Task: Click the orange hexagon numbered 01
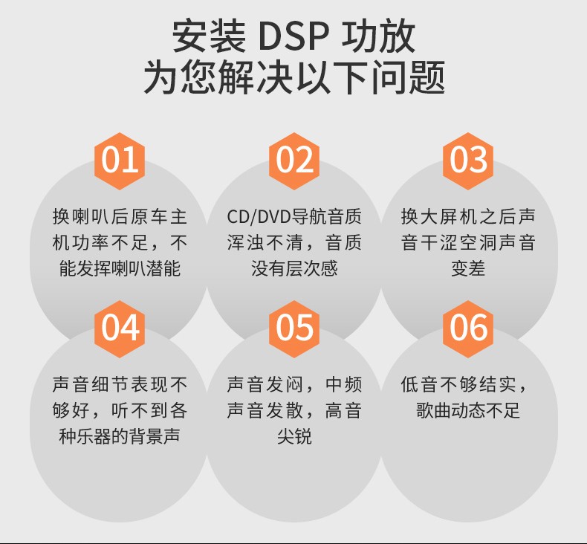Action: (x=120, y=160)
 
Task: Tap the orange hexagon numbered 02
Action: (x=294, y=160)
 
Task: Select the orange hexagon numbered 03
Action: (x=468, y=160)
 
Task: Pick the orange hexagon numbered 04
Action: (x=120, y=328)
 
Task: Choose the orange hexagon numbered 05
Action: (x=294, y=328)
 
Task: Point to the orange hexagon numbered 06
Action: (x=468, y=328)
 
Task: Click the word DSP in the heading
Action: (x=293, y=36)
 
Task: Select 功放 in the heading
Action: (x=379, y=36)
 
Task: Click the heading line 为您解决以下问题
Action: (x=293, y=77)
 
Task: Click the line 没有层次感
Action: (x=294, y=268)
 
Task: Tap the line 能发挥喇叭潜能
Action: (x=120, y=268)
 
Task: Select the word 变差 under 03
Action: (x=468, y=268)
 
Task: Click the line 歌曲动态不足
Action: (x=468, y=410)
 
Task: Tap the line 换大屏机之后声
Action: (x=468, y=217)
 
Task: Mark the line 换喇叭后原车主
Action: (x=120, y=217)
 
